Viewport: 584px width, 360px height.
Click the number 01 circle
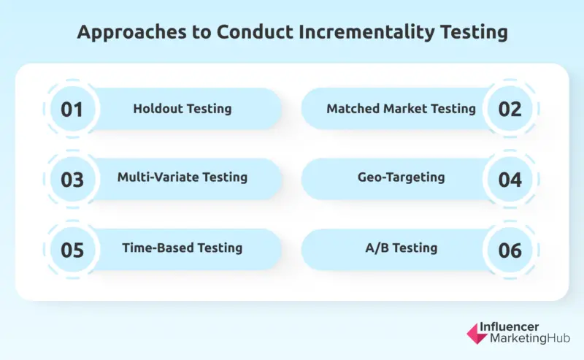[72, 110]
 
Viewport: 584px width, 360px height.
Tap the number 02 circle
[510, 110]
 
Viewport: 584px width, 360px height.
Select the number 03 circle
[72, 180]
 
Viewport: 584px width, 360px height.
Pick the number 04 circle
[510, 180]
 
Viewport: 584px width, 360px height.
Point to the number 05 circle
[72, 250]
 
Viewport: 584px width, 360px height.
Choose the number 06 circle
[510, 250]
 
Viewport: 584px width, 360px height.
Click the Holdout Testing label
[182, 109]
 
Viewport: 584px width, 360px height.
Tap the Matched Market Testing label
[401, 109]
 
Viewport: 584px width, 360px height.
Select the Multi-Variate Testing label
[182, 177]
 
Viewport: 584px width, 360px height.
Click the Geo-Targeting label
[401, 177]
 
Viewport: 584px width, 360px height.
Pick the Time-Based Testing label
[182, 248]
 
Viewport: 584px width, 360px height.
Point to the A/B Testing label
[401, 248]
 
